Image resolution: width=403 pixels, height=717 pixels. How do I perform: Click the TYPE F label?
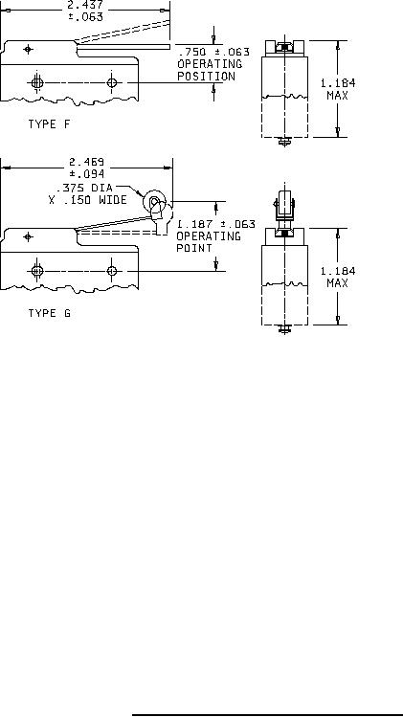[50, 123]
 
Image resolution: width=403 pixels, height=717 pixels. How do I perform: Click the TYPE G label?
[50, 313]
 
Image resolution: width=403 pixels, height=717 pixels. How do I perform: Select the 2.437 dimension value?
[85, 6]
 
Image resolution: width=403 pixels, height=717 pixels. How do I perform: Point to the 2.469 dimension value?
[86, 162]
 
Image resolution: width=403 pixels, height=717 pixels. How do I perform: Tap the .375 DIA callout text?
[84, 188]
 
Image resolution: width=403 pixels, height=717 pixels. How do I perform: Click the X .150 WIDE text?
[88, 200]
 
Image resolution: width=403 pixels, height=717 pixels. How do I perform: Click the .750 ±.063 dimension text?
[213, 52]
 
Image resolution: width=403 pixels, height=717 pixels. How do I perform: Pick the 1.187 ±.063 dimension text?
[216, 224]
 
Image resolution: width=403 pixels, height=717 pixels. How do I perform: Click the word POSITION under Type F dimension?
[206, 76]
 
